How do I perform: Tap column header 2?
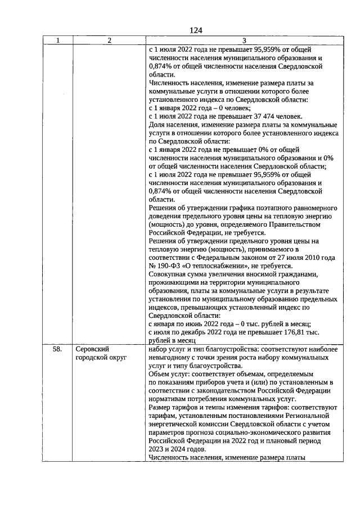click(109, 40)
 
